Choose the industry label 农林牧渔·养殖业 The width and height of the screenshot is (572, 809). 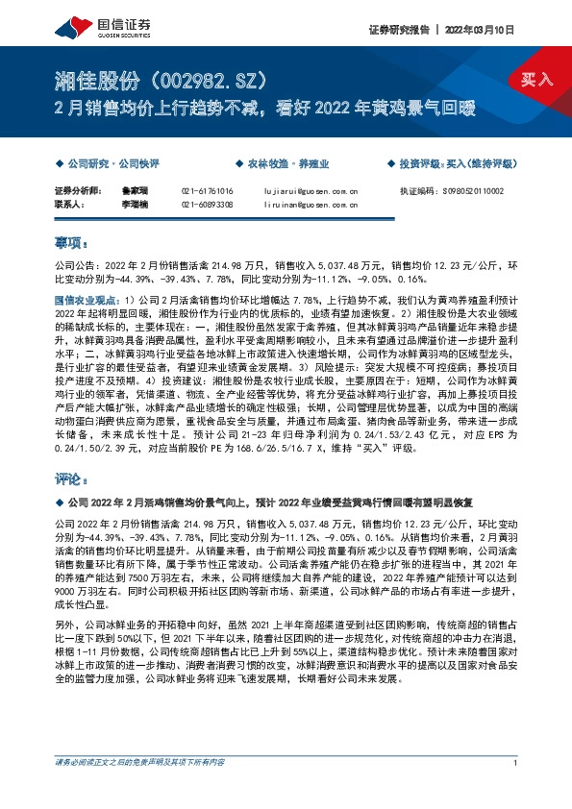click(x=286, y=164)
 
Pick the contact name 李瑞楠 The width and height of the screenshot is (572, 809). click(x=133, y=206)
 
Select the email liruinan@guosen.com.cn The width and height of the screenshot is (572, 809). click(x=311, y=206)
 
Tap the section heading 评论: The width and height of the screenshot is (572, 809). click(x=72, y=478)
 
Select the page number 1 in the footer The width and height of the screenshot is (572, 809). click(x=516, y=791)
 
